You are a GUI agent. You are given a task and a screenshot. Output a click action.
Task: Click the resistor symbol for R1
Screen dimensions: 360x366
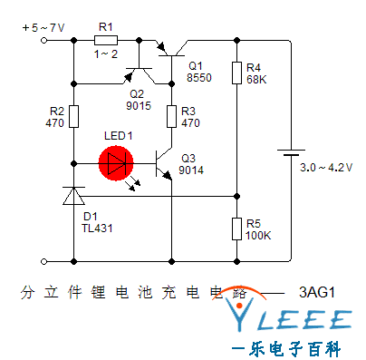click(106, 40)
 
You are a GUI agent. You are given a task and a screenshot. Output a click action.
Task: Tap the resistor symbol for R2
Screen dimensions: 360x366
click(73, 116)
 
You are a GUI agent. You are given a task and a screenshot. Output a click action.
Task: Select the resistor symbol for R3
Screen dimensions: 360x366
click(170, 116)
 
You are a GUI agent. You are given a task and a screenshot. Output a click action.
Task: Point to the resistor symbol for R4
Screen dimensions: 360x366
click(236, 72)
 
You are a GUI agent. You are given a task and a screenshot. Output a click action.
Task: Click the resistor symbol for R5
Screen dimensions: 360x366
click(236, 229)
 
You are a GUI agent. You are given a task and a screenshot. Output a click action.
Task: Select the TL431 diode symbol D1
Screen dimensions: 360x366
click(73, 195)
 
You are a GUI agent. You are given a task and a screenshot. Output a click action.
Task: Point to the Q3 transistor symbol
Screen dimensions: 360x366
click(165, 163)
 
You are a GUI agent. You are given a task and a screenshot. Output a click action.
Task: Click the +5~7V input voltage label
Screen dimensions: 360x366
click(43, 28)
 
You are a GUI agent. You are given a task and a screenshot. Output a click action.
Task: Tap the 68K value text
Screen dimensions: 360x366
click(255, 79)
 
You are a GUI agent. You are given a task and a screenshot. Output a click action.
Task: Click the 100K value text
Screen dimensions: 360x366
click(258, 235)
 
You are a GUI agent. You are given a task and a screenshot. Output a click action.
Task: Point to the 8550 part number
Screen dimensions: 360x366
click(199, 79)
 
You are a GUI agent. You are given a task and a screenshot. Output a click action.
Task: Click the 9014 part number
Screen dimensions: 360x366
click(191, 170)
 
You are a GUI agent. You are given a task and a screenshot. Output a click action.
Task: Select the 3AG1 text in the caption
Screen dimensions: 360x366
click(317, 293)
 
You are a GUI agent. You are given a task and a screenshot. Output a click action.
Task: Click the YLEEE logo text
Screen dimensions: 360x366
click(290, 319)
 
